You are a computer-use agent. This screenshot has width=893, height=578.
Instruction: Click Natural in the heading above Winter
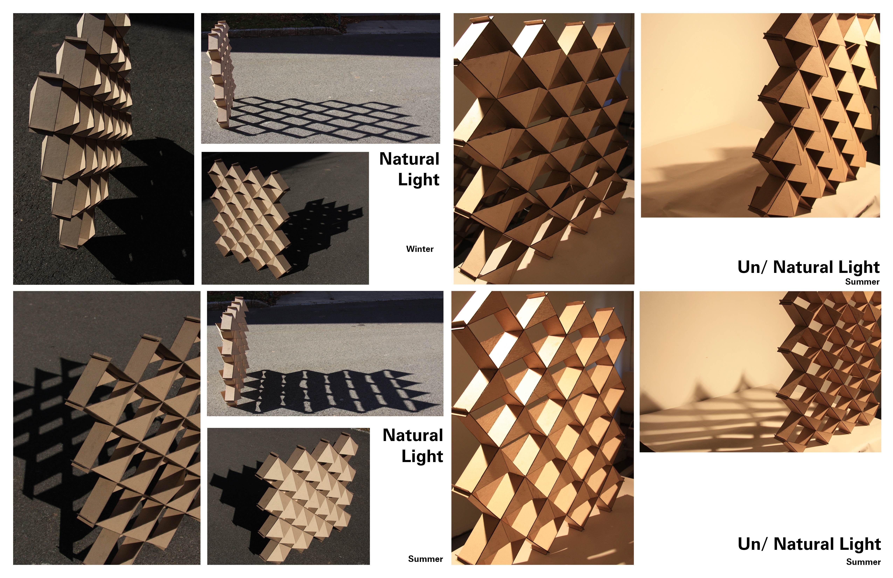coord(409,159)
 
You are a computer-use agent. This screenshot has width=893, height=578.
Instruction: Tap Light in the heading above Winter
coord(418,179)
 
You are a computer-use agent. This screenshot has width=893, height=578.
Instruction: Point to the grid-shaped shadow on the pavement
coord(319,116)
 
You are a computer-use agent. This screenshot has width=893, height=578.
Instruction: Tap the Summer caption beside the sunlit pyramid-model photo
coord(425,559)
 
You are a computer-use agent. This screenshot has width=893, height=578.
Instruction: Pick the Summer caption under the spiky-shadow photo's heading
coord(863,562)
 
